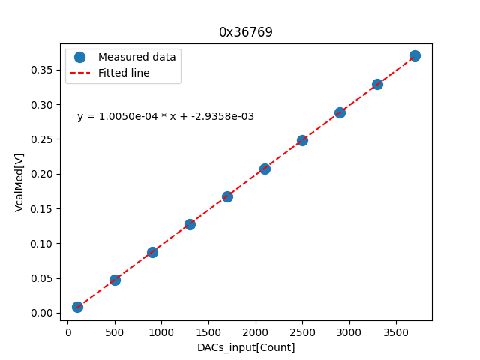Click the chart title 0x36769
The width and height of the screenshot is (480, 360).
[245, 32]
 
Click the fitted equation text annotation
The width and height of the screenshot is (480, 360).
[166, 116]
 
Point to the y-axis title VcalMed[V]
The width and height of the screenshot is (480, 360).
[19, 182]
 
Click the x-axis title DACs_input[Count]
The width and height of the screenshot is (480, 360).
[246, 347]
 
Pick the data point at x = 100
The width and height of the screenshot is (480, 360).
[77, 307]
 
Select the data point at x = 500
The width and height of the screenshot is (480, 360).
[115, 280]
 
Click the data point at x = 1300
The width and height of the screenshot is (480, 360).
[190, 224]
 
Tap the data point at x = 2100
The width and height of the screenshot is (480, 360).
[265, 169]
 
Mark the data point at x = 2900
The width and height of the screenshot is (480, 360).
[340, 112]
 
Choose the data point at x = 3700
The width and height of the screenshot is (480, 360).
[415, 55]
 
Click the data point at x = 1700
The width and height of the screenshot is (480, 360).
[227, 196]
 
